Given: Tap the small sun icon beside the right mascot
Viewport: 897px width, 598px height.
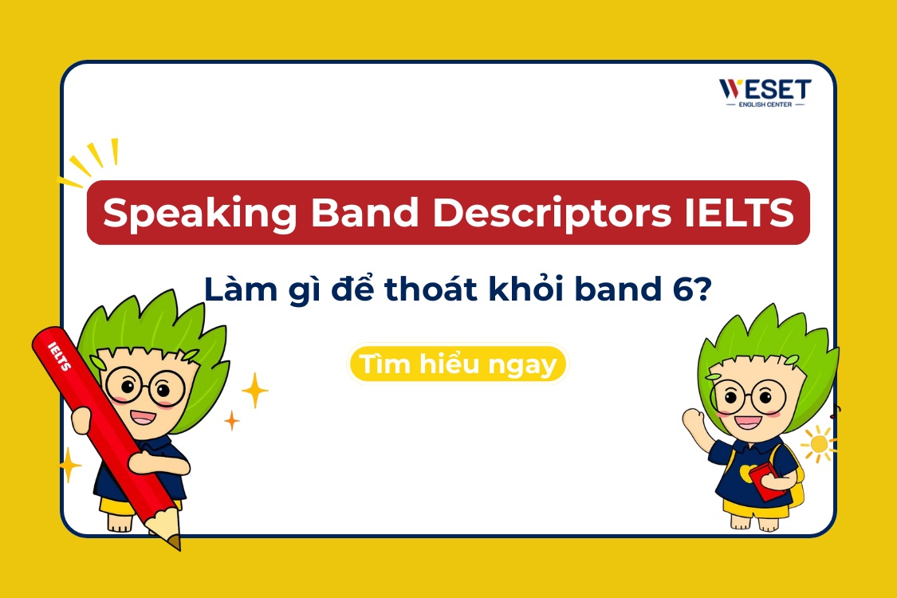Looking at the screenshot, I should tap(817, 443).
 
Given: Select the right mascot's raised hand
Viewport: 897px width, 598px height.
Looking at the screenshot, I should tap(693, 419).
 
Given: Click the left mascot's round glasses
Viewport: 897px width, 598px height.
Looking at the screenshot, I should tap(144, 386).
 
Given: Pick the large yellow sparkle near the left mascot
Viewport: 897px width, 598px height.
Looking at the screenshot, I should tap(254, 390).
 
